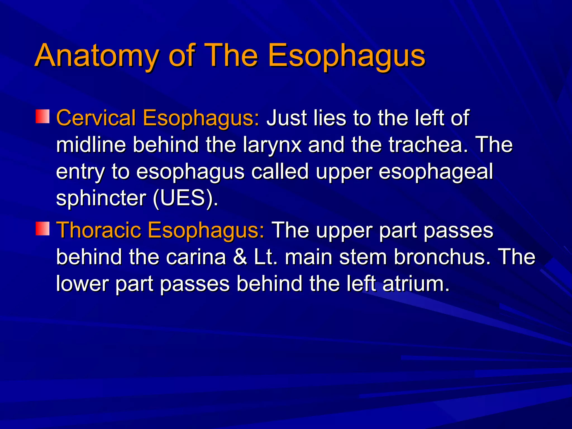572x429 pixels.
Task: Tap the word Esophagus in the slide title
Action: (346, 56)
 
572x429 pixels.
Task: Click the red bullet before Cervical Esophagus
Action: (42, 116)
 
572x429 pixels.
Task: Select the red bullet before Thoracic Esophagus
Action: (42, 228)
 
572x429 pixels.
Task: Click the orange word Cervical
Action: (96, 118)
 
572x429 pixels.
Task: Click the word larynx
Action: (272, 145)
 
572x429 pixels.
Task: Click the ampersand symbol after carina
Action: (240, 257)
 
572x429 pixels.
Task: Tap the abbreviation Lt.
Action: (266, 257)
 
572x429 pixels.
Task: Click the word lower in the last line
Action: (82, 284)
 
